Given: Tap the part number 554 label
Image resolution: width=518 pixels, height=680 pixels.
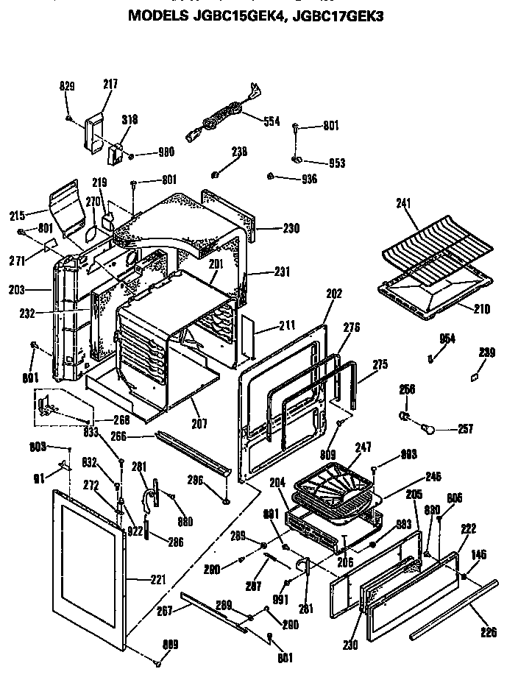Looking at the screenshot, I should pyautogui.click(x=271, y=121).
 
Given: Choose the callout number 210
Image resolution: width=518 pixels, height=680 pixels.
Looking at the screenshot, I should pyautogui.click(x=481, y=309).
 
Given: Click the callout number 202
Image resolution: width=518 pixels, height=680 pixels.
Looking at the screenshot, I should pyautogui.click(x=333, y=293).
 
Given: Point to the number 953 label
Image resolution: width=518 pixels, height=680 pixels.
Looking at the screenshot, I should pyautogui.click(x=336, y=163).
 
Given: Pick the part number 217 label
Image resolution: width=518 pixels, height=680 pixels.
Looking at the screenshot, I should pyautogui.click(x=110, y=85).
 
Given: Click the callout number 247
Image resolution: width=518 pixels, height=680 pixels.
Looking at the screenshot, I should pyautogui.click(x=363, y=447).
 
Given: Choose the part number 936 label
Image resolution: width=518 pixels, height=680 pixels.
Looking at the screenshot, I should pyautogui.click(x=308, y=179).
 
